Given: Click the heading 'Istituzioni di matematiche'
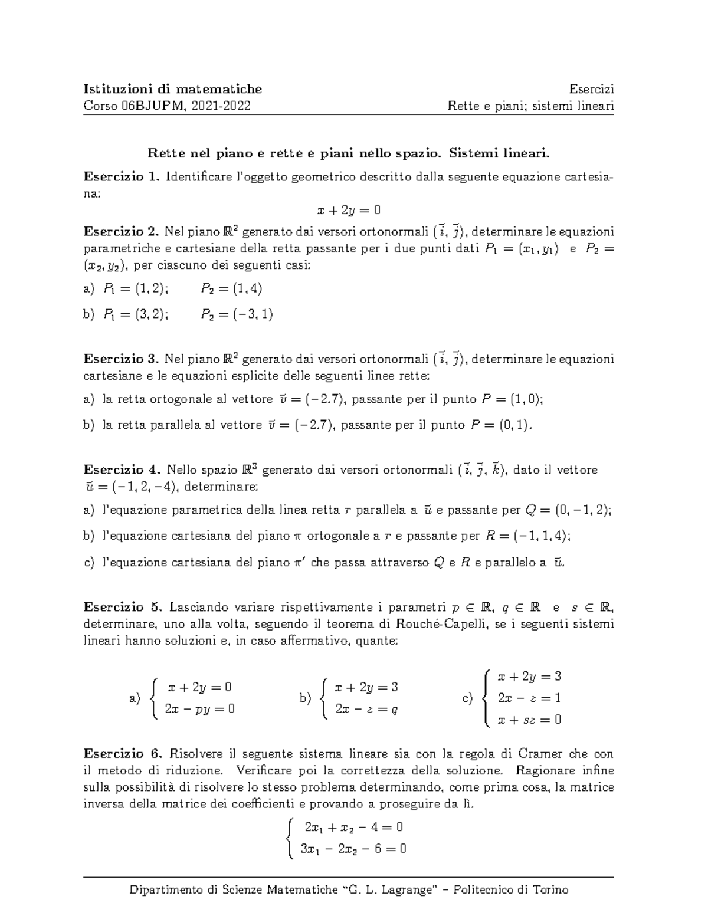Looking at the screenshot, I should click(173, 89).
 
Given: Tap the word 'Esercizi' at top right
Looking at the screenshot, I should click(592, 89).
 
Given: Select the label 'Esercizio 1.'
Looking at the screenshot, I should click(122, 176).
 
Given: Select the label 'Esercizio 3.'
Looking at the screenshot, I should click(122, 359).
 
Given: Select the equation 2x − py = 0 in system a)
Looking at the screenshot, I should click(200, 709).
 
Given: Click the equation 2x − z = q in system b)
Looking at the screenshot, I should click(366, 709).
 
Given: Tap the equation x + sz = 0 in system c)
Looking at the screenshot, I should click(529, 720).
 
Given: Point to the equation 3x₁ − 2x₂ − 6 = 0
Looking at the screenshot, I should click(353, 849).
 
